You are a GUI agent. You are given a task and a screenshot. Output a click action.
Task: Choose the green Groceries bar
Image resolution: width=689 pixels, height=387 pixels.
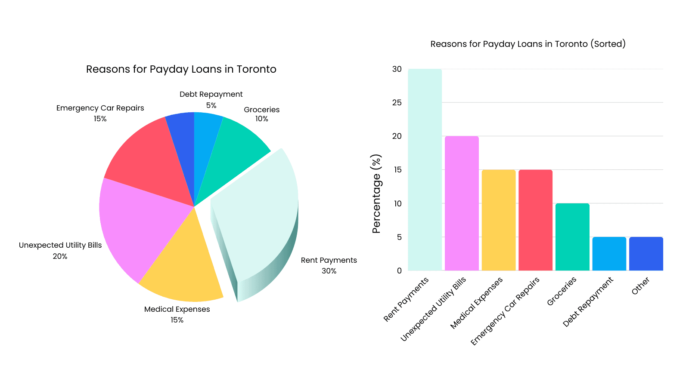tap(572, 237)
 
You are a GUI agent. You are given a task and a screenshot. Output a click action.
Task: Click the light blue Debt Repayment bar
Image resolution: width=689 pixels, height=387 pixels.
tap(609, 254)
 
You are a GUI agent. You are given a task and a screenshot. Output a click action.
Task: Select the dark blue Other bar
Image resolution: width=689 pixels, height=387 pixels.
tap(646, 254)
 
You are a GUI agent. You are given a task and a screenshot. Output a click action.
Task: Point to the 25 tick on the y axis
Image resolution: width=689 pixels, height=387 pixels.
tap(397, 102)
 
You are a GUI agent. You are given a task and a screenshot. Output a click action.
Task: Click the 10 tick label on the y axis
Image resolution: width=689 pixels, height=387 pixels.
tap(397, 203)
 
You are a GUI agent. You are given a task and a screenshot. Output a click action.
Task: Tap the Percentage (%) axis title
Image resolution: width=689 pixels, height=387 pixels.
tap(376, 193)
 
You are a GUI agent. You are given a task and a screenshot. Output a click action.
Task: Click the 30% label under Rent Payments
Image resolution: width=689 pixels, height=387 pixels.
tap(329, 271)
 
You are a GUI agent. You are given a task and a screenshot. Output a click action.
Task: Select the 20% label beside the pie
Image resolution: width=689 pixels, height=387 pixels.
tap(60, 256)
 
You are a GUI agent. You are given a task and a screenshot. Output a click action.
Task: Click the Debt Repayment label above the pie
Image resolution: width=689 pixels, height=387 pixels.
tap(211, 94)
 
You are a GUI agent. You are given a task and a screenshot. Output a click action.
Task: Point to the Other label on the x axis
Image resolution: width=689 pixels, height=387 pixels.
tap(640, 286)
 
